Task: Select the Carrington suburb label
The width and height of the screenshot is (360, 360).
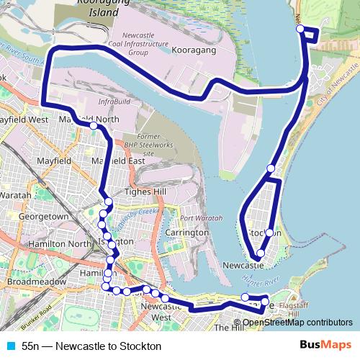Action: click(x=186, y=233)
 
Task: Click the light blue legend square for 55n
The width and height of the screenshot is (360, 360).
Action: click(x=9, y=346)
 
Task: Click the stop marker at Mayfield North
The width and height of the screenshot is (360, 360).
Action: click(x=94, y=126)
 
